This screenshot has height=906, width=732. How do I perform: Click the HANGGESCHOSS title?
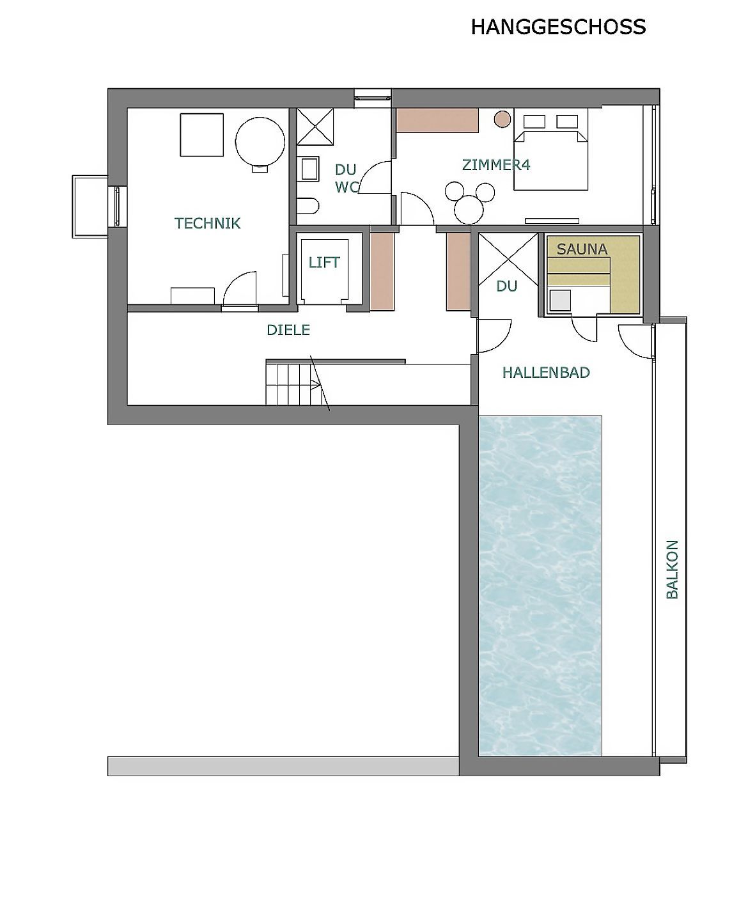[x=558, y=27]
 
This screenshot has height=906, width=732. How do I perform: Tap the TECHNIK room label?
[x=207, y=223]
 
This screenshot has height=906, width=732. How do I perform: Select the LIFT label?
[x=324, y=262]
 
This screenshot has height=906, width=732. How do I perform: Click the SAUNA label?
[x=582, y=249]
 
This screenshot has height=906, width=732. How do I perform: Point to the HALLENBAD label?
[x=546, y=373]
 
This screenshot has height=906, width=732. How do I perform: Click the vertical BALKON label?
[x=672, y=570]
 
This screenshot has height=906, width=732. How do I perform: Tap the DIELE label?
[x=288, y=330]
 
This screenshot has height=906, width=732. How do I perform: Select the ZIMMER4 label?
[x=496, y=164]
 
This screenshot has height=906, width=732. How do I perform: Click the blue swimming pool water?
[x=540, y=586]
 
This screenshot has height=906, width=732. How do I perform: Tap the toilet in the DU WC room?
[x=308, y=206]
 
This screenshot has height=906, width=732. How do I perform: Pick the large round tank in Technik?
[x=260, y=143]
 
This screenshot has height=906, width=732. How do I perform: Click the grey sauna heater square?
[x=560, y=301]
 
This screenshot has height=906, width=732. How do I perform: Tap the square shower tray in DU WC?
[x=315, y=127]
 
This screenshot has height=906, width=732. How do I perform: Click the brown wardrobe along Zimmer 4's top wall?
[x=438, y=121]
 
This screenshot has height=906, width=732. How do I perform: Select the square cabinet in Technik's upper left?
[x=201, y=135]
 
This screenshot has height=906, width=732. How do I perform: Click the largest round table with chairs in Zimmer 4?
[x=469, y=209]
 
